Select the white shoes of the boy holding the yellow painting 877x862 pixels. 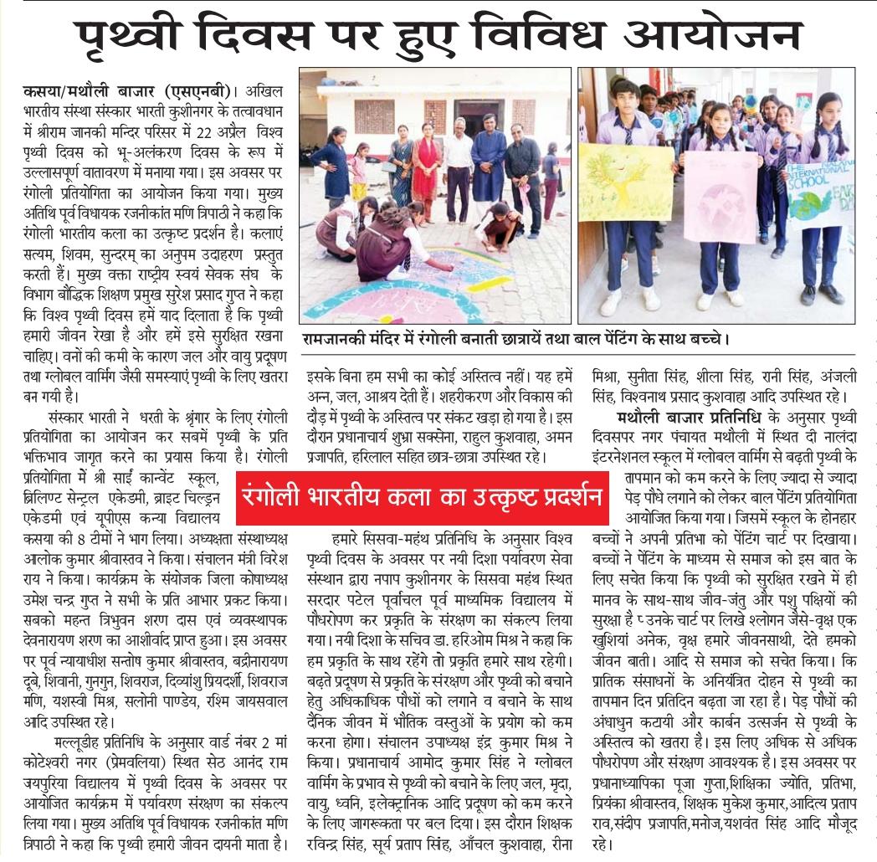pos(632,298)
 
